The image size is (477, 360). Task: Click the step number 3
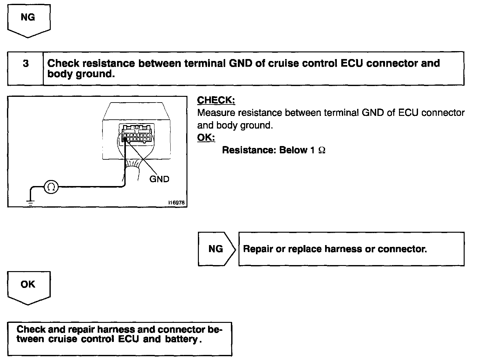click(x=25, y=64)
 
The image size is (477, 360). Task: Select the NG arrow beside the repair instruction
click(x=217, y=249)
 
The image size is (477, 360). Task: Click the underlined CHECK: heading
click(x=216, y=100)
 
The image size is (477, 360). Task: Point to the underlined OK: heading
click(x=206, y=138)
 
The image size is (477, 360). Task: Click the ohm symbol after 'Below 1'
click(x=322, y=150)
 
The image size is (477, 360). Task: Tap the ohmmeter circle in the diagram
click(x=51, y=187)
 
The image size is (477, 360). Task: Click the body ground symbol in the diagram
click(x=30, y=202)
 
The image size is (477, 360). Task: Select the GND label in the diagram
click(x=159, y=179)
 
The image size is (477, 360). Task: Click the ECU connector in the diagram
click(x=136, y=134)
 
